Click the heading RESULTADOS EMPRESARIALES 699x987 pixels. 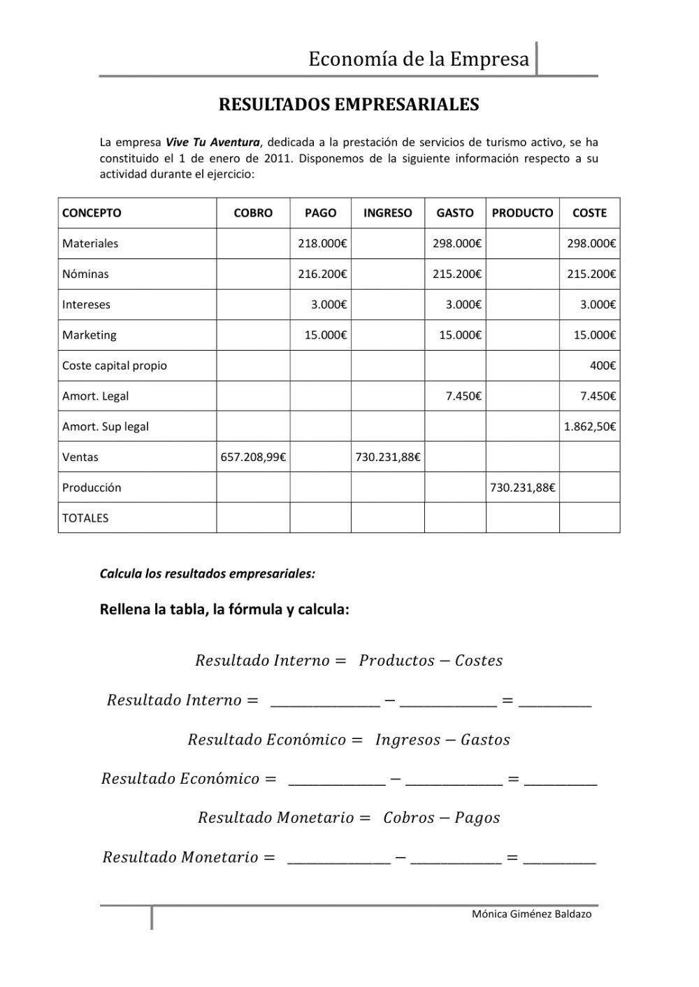[x=349, y=105]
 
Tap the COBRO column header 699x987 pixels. [x=253, y=213]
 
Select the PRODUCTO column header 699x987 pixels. [x=522, y=213]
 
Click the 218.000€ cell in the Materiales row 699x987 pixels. [x=322, y=244]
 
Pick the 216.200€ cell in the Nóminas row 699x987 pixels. [x=322, y=274]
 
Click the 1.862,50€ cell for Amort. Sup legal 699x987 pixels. [x=589, y=427]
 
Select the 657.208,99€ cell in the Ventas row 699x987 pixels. [x=253, y=458]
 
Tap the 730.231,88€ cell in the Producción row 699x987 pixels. [x=522, y=488]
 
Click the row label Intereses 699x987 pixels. [x=86, y=305]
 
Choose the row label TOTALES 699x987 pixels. [x=85, y=518]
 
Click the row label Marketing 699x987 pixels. [x=89, y=335]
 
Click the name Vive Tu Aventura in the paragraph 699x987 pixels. [x=212, y=142]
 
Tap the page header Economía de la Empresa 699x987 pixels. [x=419, y=59]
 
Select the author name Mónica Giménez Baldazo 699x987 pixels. [x=531, y=914]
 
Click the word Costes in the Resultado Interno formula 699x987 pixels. [x=479, y=661]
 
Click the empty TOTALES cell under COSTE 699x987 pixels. [x=589, y=518]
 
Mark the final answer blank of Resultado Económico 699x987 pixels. [x=560, y=780]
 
